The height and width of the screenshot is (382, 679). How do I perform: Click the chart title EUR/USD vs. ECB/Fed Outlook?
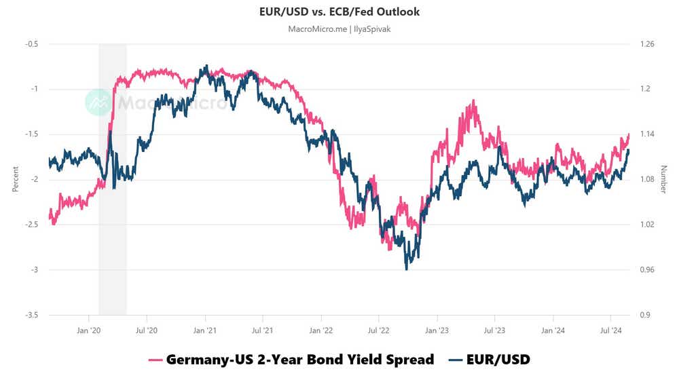pos(339,12)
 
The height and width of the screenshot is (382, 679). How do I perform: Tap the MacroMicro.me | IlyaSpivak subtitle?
pos(339,29)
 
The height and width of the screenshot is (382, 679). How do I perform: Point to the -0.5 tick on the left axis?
pos(31,44)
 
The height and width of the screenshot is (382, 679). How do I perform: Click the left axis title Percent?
pos(15,180)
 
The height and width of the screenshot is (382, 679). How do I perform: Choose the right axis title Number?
pos(663,180)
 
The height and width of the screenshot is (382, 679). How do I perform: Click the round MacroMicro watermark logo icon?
pos(98,102)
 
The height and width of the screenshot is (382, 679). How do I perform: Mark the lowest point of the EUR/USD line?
pos(407,269)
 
